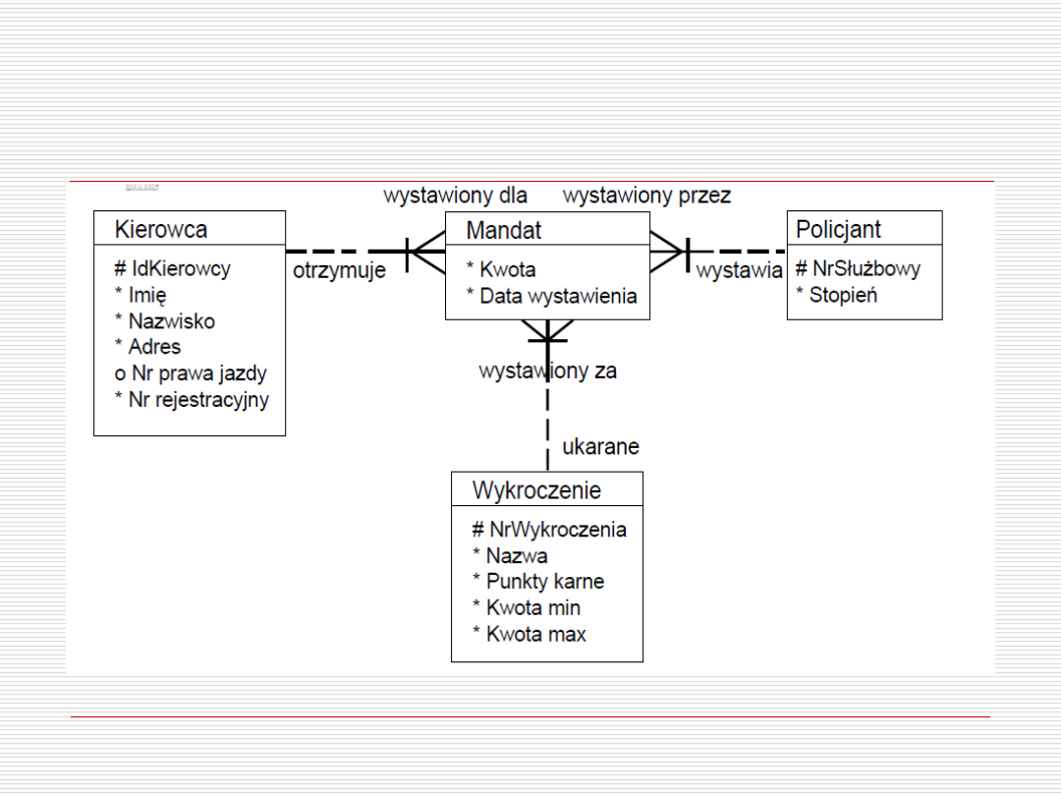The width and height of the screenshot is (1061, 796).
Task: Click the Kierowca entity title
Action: pyautogui.click(x=161, y=230)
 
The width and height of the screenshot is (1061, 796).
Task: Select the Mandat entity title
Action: pyautogui.click(x=503, y=230)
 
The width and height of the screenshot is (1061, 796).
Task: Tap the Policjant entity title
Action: pyautogui.click(x=838, y=230)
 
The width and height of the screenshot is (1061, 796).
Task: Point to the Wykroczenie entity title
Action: pyautogui.click(x=536, y=489)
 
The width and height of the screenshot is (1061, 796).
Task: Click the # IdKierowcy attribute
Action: pyautogui.click(x=172, y=268)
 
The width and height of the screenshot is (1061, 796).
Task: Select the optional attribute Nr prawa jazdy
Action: pyautogui.click(x=191, y=373)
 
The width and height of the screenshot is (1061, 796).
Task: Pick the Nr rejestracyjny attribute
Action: pyautogui.click(x=192, y=399)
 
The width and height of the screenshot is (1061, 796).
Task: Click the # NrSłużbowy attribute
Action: pyautogui.click(x=858, y=268)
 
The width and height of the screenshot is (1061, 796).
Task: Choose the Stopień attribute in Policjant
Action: pyautogui.click(x=837, y=295)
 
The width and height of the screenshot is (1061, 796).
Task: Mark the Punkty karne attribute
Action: pyautogui.click(x=538, y=581)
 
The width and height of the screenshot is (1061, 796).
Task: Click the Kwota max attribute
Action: pyautogui.click(x=530, y=634)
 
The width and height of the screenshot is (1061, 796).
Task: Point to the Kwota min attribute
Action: pyautogui.click(x=527, y=607)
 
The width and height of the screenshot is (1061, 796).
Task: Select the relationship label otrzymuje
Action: pyautogui.click(x=339, y=271)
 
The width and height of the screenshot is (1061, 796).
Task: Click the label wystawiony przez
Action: pyautogui.click(x=646, y=196)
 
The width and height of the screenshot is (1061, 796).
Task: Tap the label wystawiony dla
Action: pyautogui.click(x=455, y=196)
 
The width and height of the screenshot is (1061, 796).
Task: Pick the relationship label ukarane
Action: pyautogui.click(x=600, y=447)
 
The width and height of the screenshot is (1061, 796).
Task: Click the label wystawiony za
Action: pyautogui.click(x=547, y=371)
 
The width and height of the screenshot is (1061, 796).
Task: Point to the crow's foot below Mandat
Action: pyautogui.click(x=547, y=331)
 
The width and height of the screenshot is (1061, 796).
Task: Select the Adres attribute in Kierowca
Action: pyautogui.click(x=148, y=347)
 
